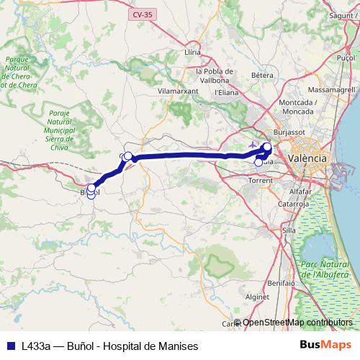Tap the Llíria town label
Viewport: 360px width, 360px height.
(192, 53)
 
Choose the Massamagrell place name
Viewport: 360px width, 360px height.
(328, 91)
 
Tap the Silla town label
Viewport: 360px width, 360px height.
(289, 230)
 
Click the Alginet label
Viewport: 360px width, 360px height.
(257, 296)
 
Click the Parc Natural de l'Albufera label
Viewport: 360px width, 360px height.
(325, 269)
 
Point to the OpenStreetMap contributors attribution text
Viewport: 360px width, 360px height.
(297, 323)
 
